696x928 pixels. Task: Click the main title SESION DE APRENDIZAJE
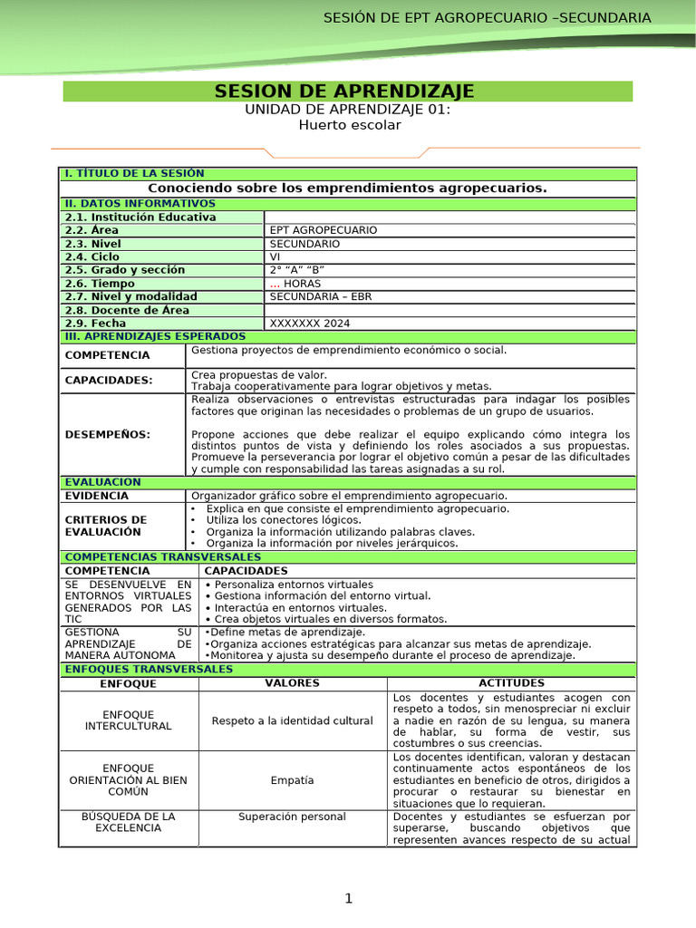click(x=344, y=92)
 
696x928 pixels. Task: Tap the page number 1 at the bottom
click(x=347, y=898)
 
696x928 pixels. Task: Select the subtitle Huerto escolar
click(x=349, y=125)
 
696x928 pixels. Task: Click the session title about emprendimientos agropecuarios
click(x=347, y=188)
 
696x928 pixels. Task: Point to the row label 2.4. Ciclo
click(x=92, y=256)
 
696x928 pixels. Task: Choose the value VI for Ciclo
click(x=275, y=256)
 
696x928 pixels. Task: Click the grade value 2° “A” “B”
click(x=297, y=270)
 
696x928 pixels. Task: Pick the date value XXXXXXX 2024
click(x=310, y=323)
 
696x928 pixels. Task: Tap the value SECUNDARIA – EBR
click(x=321, y=296)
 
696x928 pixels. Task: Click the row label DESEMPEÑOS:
click(x=108, y=434)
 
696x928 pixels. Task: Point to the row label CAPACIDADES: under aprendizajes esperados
click(x=110, y=380)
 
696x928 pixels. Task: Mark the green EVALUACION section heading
click(x=103, y=482)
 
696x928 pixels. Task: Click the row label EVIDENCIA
click(x=97, y=496)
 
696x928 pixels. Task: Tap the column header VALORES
click(x=292, y=682)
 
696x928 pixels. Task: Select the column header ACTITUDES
click(x=511, y=682)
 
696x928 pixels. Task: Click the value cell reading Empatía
click(x=292, y=779)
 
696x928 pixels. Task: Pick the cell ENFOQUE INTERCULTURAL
click(x=128, y=720)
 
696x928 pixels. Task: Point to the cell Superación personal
click(x=292, y=817)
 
